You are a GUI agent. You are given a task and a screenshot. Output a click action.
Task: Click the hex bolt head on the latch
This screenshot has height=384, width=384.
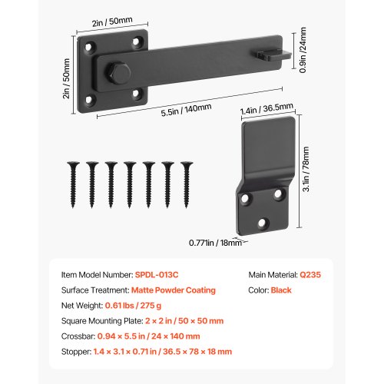[118, 74]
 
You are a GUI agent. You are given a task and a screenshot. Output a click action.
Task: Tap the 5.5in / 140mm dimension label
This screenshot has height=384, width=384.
[186, 110]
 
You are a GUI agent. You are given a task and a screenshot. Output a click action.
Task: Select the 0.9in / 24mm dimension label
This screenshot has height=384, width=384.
[303, 50]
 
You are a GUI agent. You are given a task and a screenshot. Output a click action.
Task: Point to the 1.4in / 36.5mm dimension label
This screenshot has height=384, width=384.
[266, 109]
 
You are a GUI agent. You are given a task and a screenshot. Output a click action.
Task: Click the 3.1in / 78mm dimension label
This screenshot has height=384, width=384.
[306, 169]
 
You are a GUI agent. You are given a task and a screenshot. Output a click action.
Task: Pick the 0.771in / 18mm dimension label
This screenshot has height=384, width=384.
[215, 243]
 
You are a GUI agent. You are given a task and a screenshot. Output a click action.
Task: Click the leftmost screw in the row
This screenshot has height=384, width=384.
[73, 184]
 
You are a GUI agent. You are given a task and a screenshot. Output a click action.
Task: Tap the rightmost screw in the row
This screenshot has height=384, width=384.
[187, 184]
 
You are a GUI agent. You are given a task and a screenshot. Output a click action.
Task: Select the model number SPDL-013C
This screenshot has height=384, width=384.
[157, 275]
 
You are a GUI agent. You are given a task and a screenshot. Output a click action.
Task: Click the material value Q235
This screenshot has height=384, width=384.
[310, 275]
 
